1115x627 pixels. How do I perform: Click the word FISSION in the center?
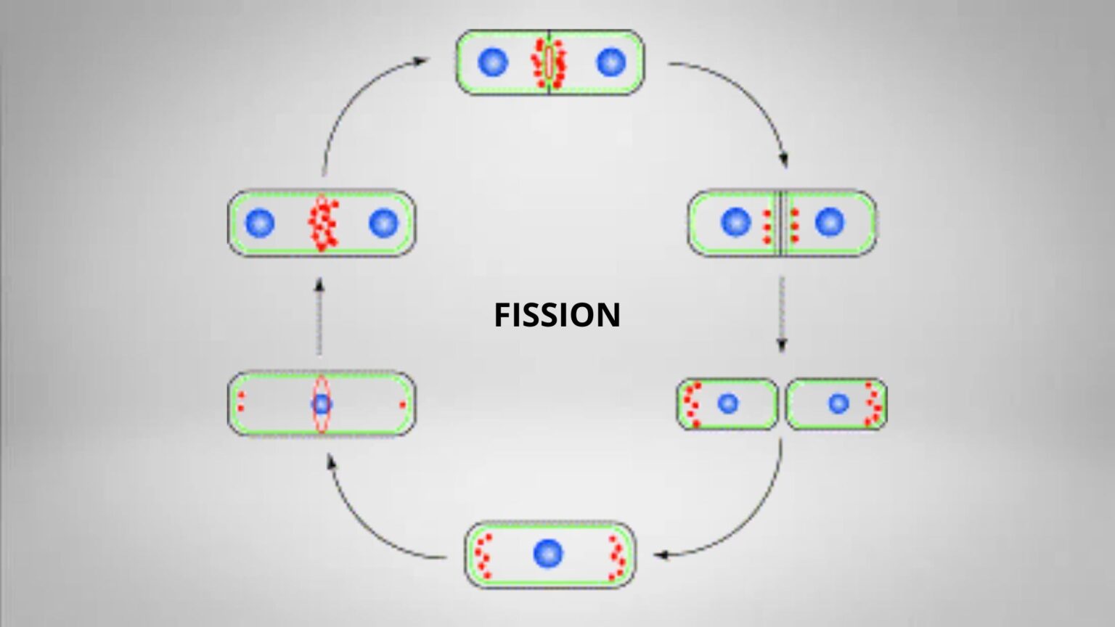click(557, 315)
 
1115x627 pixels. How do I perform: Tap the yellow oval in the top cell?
click(550, 62)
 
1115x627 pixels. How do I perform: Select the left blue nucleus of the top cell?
click(493, 62)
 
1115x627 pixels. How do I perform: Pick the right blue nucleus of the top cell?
click(610, 62)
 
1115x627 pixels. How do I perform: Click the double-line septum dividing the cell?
click(780, 223)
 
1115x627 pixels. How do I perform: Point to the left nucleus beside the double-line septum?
click(735, 222)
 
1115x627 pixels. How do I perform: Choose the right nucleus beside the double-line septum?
click(830, 222)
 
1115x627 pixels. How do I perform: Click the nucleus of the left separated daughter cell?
click(727, 403)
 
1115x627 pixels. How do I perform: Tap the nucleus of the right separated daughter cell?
click(838, 403)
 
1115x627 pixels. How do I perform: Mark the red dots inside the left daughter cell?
click(691, 404)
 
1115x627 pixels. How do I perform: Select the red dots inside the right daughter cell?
click(873, 404)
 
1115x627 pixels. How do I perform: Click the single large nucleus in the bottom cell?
click(548, 554)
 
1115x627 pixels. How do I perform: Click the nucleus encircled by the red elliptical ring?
click(322, 403)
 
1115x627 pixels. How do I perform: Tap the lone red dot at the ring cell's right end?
click(402, 404)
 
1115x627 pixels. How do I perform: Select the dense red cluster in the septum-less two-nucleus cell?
click(322, 224)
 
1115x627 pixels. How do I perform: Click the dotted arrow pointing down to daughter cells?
click(781, 312)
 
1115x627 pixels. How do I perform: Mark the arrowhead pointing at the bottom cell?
click(659, 556)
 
